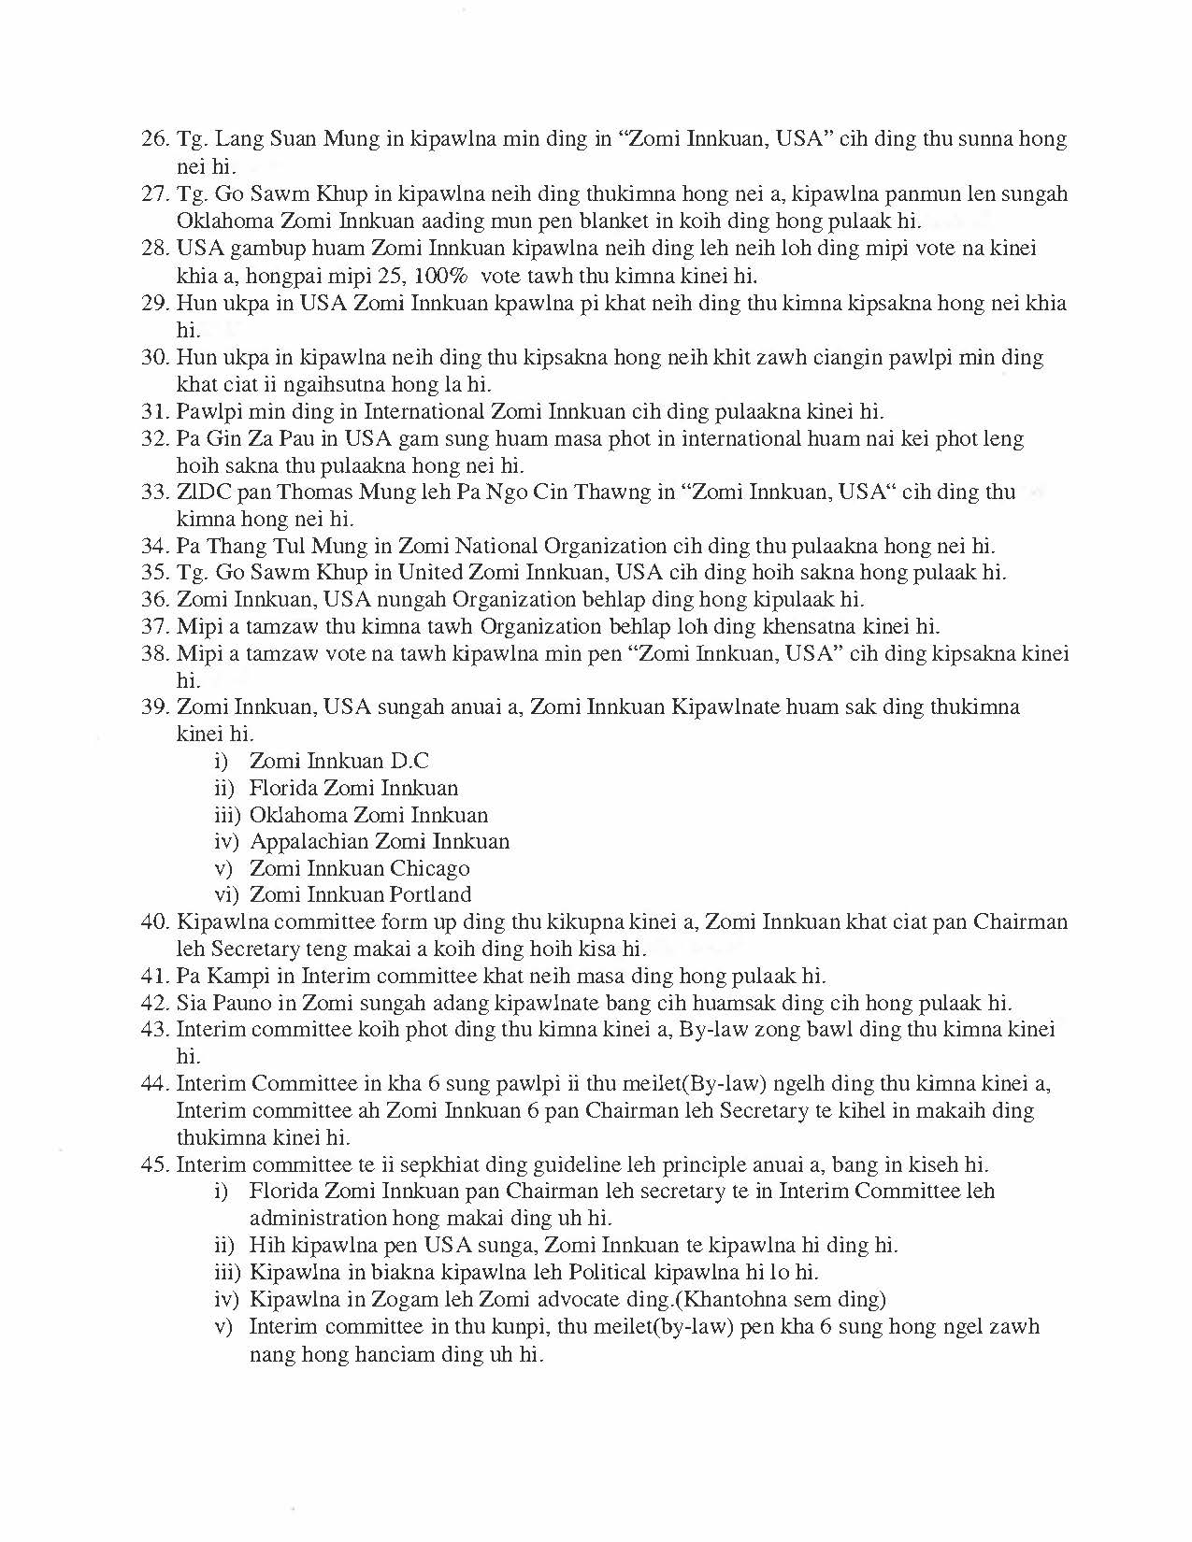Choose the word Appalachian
pos(309,841)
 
